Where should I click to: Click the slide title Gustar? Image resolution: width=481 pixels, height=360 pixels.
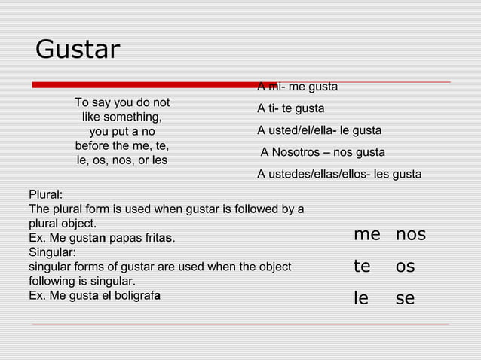(78, 50)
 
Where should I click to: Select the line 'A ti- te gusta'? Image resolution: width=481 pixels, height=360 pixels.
(291, 108)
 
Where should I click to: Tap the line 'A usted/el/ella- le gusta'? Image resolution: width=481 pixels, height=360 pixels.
(320, 130)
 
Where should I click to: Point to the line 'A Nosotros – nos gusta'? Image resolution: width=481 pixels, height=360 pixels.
(323, 153)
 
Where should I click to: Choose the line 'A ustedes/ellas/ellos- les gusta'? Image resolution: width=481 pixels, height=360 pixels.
(339, 175)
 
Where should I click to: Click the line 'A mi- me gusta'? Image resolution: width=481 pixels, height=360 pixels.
(298, 87)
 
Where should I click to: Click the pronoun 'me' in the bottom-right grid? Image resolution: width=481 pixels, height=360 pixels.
(367, 235)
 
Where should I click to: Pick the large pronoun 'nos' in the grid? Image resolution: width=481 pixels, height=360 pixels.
(411, 235)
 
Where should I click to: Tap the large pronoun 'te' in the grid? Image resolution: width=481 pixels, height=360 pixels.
(363, 267)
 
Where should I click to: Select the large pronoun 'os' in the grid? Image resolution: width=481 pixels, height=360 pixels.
(406, 267)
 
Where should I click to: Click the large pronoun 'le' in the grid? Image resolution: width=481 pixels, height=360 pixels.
(362, 298)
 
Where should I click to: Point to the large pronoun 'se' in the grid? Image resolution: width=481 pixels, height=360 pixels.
(406, 298)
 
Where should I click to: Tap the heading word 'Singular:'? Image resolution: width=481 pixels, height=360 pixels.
(51, 252)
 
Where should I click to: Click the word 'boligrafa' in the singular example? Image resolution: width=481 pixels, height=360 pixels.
(136, 295)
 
